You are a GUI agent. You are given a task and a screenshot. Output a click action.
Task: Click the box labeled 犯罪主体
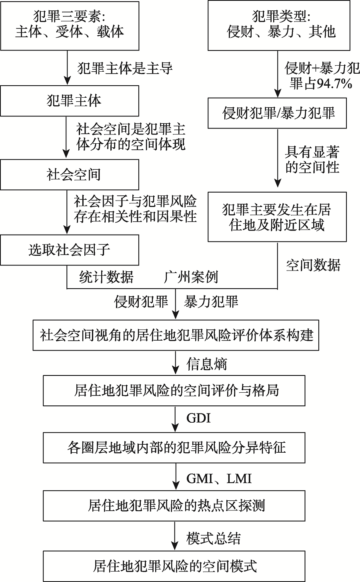(x=70, y=101)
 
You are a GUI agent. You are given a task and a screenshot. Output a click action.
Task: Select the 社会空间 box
(x=70, y=175)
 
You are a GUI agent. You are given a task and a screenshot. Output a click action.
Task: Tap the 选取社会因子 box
(x=70, y=250)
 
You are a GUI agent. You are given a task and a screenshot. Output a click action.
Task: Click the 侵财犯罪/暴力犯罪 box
(x=277, y=114)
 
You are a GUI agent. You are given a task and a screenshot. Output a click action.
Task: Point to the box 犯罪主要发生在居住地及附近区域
(x=277, y=218)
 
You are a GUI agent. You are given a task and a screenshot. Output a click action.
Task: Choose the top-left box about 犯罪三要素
(x=70, y=25)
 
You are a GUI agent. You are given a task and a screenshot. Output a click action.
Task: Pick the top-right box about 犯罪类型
(x=277, y=25)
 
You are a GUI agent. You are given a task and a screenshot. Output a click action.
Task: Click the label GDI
(x=198, y=419)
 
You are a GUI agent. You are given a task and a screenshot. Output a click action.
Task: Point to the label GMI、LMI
(x=220, y=478)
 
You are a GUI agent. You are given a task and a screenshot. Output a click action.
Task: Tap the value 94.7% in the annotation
(x=334, y=83)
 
